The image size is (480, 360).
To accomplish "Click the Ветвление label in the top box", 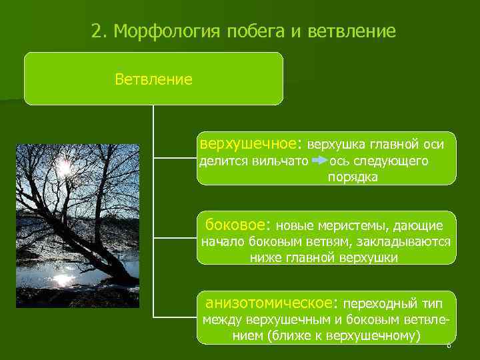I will pyautogui.click(x=153, y=80).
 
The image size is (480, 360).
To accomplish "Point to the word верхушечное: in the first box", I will pyautogui.click(x=251, y=143).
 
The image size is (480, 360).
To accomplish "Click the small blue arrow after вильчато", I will pyautogui.click(x=319, y=161).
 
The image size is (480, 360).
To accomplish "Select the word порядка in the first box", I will pyautogui.click(x=352, y=177).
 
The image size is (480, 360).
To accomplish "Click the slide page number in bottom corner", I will pyautogui.click(x=449, y=345).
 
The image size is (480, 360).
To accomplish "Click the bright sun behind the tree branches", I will pyautogui.click(x=65, y=167).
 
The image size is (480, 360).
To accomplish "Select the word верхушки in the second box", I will pyautogui.click(x=370, y=257).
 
